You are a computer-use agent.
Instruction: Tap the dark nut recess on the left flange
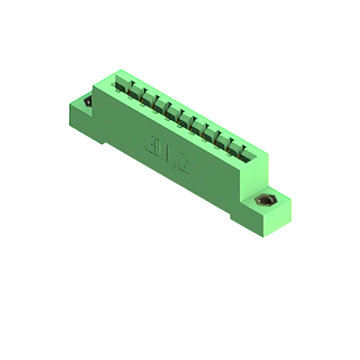click(87, 103)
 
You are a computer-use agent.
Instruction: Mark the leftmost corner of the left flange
click(69, 103)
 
